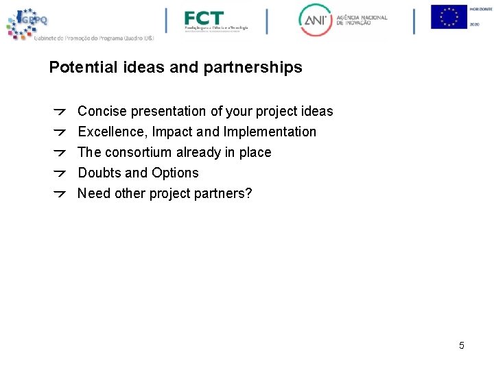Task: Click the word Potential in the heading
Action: click(x=79, y=68)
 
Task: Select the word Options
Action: click(x=175, y=173)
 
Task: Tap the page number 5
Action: click(x=462, y=345)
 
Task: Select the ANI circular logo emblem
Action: click(x=315, y=21)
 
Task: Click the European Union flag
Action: click(x=449, y=17)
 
